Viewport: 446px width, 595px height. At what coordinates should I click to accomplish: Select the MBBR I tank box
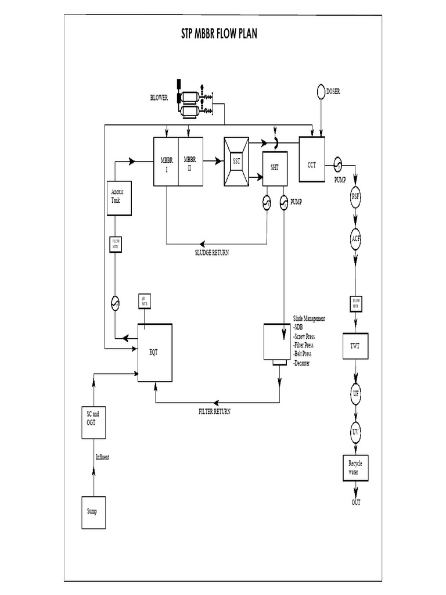[166, 162]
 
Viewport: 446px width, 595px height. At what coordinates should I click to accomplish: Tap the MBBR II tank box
[190, 162]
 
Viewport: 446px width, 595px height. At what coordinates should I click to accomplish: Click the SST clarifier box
[236, 162]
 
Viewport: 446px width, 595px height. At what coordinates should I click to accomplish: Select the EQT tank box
[155, 352]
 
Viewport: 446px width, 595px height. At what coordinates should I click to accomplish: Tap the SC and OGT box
[93, 418]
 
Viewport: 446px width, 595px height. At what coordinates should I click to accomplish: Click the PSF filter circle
[355, 196]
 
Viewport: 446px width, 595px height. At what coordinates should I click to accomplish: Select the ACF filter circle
[355, 239]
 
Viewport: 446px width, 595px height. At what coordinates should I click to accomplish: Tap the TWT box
[355, 347]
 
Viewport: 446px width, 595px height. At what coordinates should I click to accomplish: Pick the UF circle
[355, 395]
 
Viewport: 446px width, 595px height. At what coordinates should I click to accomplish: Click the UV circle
[355, 432]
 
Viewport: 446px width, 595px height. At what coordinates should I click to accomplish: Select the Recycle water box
[355, 468]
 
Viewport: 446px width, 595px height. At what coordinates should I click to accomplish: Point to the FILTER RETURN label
[214, 411]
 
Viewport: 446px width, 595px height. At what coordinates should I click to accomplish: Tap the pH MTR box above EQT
[143, 302]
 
